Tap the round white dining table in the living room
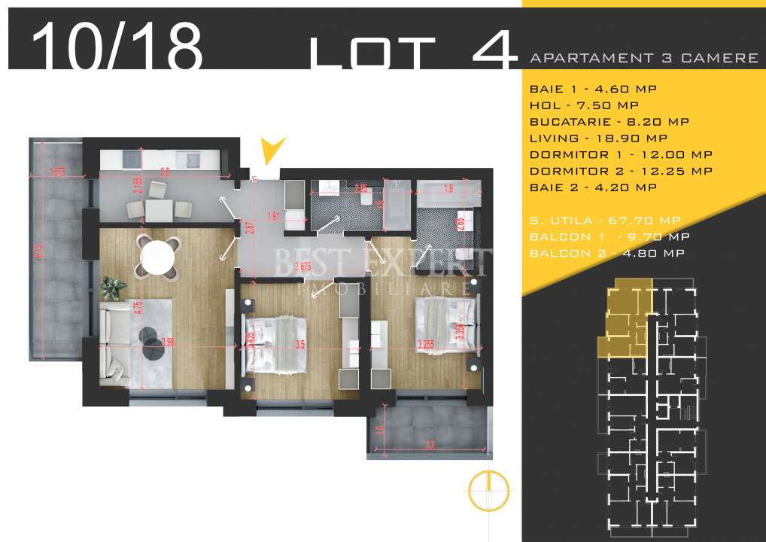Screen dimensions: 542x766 point(159,257)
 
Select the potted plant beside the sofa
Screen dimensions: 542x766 point(113,286)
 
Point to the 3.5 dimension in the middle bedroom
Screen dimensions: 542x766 point(300,346)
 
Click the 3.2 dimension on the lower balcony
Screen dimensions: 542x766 point(430,445)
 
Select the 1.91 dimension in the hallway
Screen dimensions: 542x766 point(274,216)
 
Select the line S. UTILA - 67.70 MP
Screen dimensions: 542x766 point(605,220)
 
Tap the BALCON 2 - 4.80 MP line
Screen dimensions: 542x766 point(606,253)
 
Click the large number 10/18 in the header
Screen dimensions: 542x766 point(117,45)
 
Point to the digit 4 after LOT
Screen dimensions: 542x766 point(494,47)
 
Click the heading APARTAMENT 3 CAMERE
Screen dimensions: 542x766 point(643,58)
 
